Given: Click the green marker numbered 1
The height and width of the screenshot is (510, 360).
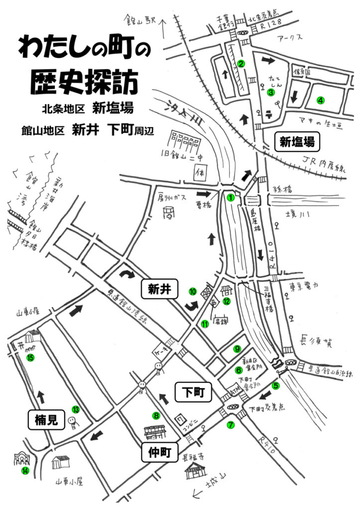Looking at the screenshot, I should tap(230, 197).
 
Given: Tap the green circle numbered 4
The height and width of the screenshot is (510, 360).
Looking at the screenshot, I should tap(321, 100).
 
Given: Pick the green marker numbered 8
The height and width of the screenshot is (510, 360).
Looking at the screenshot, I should tap(156, 414).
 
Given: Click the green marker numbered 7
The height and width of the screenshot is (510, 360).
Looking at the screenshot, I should tap(230, 425).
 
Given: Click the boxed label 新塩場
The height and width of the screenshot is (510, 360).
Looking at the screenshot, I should tap(297, 142).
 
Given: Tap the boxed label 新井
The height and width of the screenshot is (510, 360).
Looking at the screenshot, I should tap(160, 290).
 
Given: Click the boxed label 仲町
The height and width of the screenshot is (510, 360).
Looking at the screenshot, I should tap(160, 452).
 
